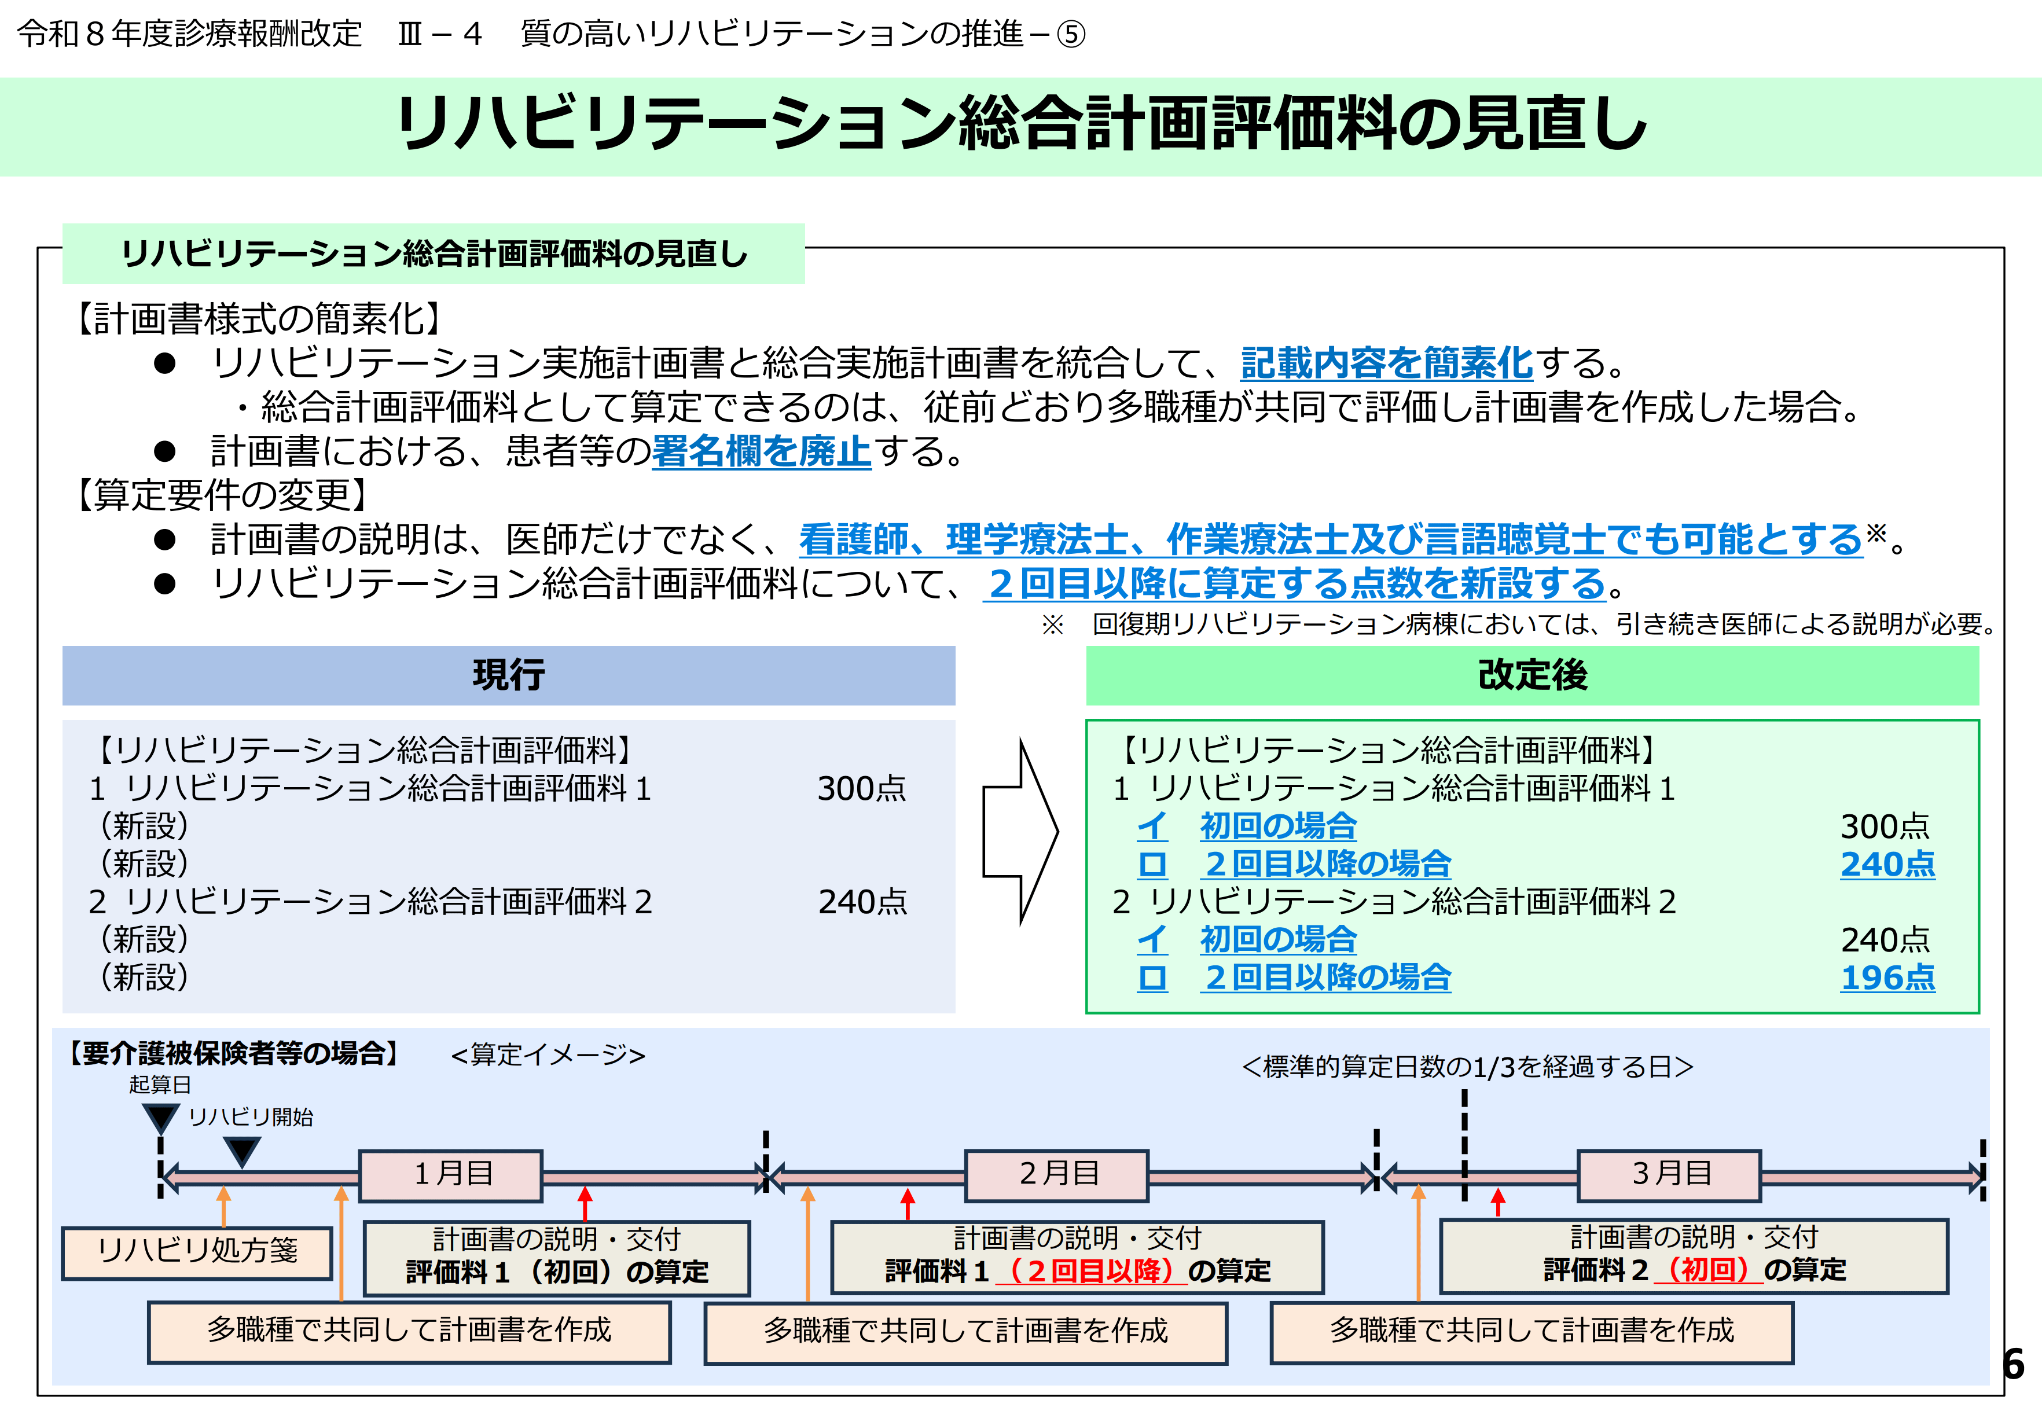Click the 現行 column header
coord(508,675)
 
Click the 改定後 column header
coord(1532,675)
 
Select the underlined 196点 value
coord(1887,977)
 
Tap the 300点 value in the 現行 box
coord(861,788)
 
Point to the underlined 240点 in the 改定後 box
coord(1887,863)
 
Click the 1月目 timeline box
coord(451,1174)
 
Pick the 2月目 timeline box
coord(1056,1174)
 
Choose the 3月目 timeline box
coord(1669,1174)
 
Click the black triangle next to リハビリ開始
coord(241,1150)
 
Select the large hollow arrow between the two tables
coord(1021,831)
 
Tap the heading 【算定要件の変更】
coord(221,495)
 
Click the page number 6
coord(2014,1364)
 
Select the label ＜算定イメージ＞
coord(548,1054)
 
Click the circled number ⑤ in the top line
coord(1071,35)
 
